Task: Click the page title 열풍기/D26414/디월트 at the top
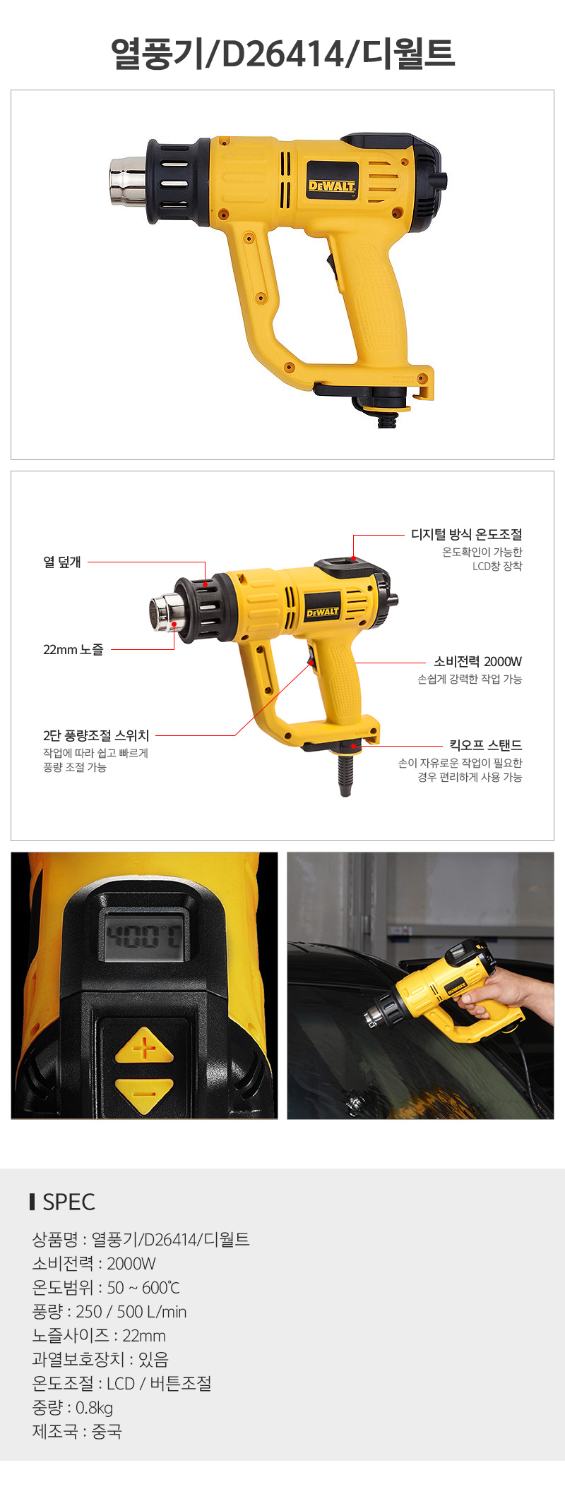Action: point(282,53)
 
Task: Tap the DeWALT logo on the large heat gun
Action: point(332,186)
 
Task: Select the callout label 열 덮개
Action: point(62,562)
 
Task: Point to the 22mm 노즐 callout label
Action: point(73,649)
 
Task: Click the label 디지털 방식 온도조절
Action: point(467,534)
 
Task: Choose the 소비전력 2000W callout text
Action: point(477,661)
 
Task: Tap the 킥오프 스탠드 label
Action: point(486,744)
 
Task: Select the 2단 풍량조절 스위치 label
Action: point(96,735)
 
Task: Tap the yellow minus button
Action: point(143,1093)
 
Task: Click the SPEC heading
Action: point(69,1202)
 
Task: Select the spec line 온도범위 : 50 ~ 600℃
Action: point(106,1288)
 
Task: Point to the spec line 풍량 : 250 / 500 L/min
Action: point(109,1312)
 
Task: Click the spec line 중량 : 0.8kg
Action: point(73,1408)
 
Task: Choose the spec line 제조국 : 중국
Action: point(77,1432)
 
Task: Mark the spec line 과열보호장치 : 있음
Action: point(100,1360)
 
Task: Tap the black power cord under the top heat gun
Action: point(387,421)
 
